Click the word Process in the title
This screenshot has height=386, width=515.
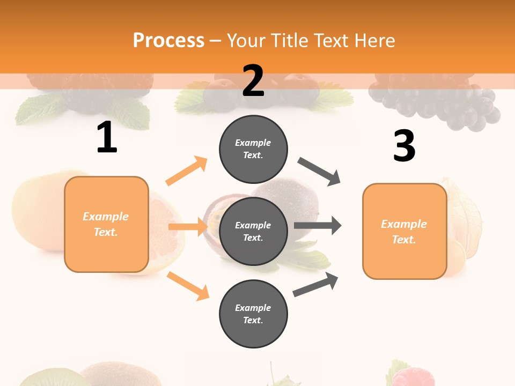(x=168, y=40)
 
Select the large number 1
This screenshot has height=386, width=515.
(x=107, y=138)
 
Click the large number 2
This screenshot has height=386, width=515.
(x=253, y=81)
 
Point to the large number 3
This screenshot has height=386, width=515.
(x=404, y=146)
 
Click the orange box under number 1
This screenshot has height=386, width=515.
(x=106, y=224)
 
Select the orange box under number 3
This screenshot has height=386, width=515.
(x=404, y=231)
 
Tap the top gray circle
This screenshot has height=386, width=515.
(x=253, y=149)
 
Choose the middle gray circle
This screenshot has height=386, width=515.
(x=253, y=231)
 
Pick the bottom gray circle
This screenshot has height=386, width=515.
(x=253, y=314)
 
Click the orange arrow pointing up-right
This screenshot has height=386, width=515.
(x=186, y=171)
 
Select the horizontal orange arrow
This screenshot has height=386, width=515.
(x=187, y=227)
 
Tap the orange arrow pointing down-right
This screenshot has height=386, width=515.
(x=188, y=286)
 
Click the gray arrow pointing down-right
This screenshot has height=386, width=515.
(x=319, y=172)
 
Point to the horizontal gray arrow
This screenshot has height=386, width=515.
(x=317, y=226)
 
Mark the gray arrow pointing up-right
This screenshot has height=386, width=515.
(x=315, y=284)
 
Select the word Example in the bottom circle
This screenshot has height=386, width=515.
(x=253, y=308)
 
